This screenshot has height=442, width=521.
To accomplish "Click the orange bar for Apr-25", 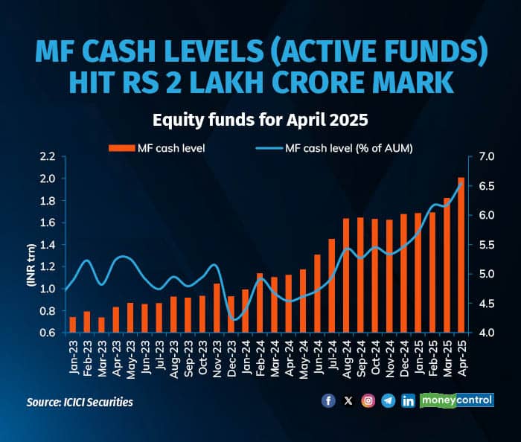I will [x=461, y=254].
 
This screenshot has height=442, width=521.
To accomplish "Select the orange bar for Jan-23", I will [x=72, y=324].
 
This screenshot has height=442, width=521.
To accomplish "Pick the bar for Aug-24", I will [x=346, y=275].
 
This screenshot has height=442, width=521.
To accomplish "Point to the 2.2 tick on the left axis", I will [x=48, y=157].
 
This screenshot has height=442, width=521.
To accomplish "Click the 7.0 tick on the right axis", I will [x=487, y=157].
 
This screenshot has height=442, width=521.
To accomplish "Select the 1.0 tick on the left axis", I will [x=48, y=289].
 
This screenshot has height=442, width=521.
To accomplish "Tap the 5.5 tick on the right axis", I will [x=487, y=245].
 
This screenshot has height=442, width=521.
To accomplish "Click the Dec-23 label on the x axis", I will [x=232, y=359].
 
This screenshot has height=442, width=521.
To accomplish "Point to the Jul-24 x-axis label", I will [x=333, y=359].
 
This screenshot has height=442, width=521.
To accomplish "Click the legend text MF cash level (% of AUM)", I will [x=348, y=148].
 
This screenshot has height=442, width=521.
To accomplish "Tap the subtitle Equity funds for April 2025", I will [x=260, y=120].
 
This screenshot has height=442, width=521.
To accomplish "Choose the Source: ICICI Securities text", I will [x=79, y=402].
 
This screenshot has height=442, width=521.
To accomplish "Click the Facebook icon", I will [x=328, y=400].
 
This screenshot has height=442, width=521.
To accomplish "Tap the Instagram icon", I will [x=368, y=400].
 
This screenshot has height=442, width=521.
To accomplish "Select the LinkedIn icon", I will [x=408, y=400].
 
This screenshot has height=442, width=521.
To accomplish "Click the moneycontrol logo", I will [x=457, y=400].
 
